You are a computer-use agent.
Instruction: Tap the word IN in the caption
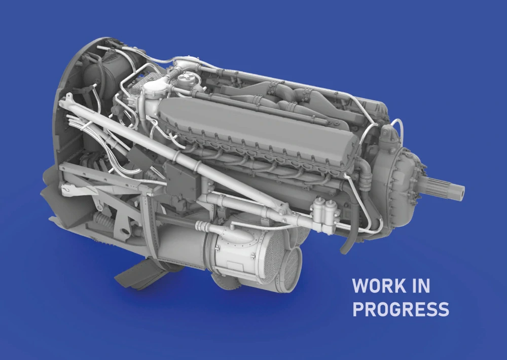tap(421, 285)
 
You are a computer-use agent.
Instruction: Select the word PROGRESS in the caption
tap(401, 309)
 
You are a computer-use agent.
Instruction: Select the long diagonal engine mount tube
tap(174, 152)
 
